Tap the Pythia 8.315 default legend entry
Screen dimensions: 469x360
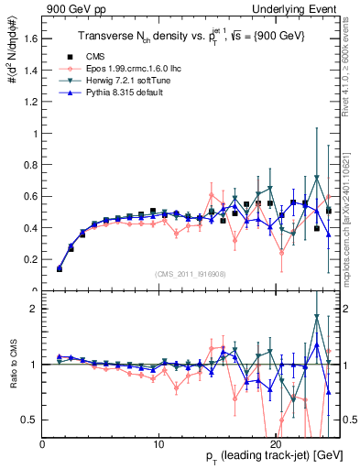[113, 93]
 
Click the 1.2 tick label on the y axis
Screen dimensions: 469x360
[29, 102]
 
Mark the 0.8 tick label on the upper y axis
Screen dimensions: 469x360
[29, 165]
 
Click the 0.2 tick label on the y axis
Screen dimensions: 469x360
[29, 260]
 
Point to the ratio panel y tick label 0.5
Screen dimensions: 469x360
[29, 420]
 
